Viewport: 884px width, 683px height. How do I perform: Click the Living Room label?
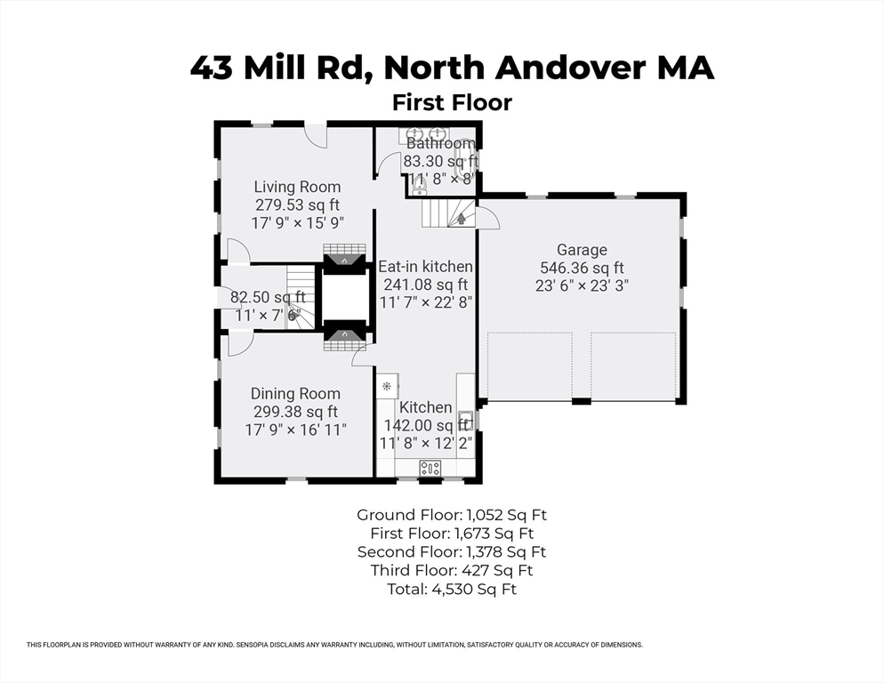coord(297,187)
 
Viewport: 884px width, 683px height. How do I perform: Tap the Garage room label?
coord(582,250)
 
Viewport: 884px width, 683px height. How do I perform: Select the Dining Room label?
coord(295,394)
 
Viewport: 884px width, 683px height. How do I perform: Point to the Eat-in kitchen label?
coord(425,266)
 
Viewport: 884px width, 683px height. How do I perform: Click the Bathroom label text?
coord(440,143)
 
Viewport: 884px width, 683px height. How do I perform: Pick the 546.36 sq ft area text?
coord(582,268)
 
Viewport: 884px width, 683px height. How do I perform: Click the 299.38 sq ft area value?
coord(295,412)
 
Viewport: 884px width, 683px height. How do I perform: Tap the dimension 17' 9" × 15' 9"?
coord(298,223)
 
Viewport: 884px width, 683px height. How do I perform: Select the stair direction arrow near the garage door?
coord(462,218)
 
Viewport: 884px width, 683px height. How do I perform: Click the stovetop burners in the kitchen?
coord(430,468)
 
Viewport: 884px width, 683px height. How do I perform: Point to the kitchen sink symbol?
coord(465,420)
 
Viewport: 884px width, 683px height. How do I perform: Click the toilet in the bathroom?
coord(418,182)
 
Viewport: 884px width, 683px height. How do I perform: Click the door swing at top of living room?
coord(317,136)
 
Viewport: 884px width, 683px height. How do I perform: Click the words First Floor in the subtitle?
coord(452,102)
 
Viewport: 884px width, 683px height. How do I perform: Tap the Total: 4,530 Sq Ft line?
coord(452,590)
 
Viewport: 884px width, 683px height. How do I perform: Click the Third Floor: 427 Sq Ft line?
coord(452,571)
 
